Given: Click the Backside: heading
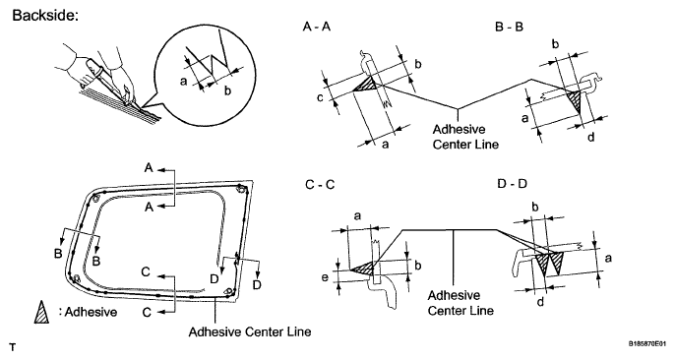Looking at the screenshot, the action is pos(45,15).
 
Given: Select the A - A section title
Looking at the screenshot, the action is pos(317,27).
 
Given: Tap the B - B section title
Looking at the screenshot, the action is pos(510,27).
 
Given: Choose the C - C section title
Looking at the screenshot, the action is pos(320,185).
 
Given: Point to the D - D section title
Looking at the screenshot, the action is pos(512,184).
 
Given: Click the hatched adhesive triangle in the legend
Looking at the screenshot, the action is pos(41,312).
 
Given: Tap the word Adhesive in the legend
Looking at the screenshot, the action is pos(91,312).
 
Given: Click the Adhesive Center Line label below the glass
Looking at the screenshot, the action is pos(250,331).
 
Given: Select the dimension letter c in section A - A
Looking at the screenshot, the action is pos(320,98).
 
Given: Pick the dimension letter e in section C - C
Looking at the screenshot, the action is pos(325,277).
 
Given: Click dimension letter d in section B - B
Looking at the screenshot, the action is pos(591,137).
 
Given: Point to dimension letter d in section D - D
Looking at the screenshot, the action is pos(541,301).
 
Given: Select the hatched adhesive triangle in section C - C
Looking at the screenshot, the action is pos(364,269).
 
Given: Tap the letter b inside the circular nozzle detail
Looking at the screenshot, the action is pos(227,90).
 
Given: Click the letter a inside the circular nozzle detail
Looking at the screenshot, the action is pos(184,81).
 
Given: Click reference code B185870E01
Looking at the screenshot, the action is pos(649,344).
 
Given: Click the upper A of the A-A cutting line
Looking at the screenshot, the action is pos(149,168).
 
